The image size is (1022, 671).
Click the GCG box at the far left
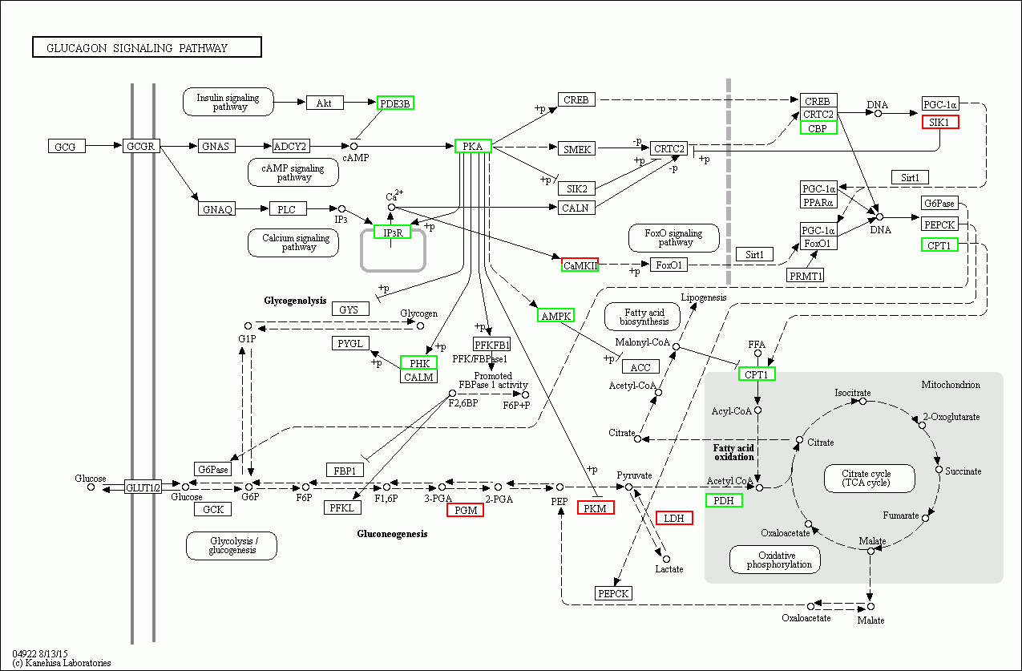65,147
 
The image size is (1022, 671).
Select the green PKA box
473,146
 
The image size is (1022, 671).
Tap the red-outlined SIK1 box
939,122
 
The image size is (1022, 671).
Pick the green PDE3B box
395,103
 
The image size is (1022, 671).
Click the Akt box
324,103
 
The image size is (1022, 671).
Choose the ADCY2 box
290,146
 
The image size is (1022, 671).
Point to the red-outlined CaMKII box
580,265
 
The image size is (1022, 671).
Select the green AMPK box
556,316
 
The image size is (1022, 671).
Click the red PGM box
465,510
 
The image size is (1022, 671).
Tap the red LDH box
674,518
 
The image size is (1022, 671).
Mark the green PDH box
724,500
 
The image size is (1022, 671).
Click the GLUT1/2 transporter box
143,487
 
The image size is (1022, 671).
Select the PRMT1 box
806,275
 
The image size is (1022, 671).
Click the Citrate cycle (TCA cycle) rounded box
866,479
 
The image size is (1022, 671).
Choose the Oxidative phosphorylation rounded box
774,560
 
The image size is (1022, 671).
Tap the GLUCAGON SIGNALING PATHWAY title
147,48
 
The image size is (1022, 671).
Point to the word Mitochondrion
950,385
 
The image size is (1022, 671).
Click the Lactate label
669,569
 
